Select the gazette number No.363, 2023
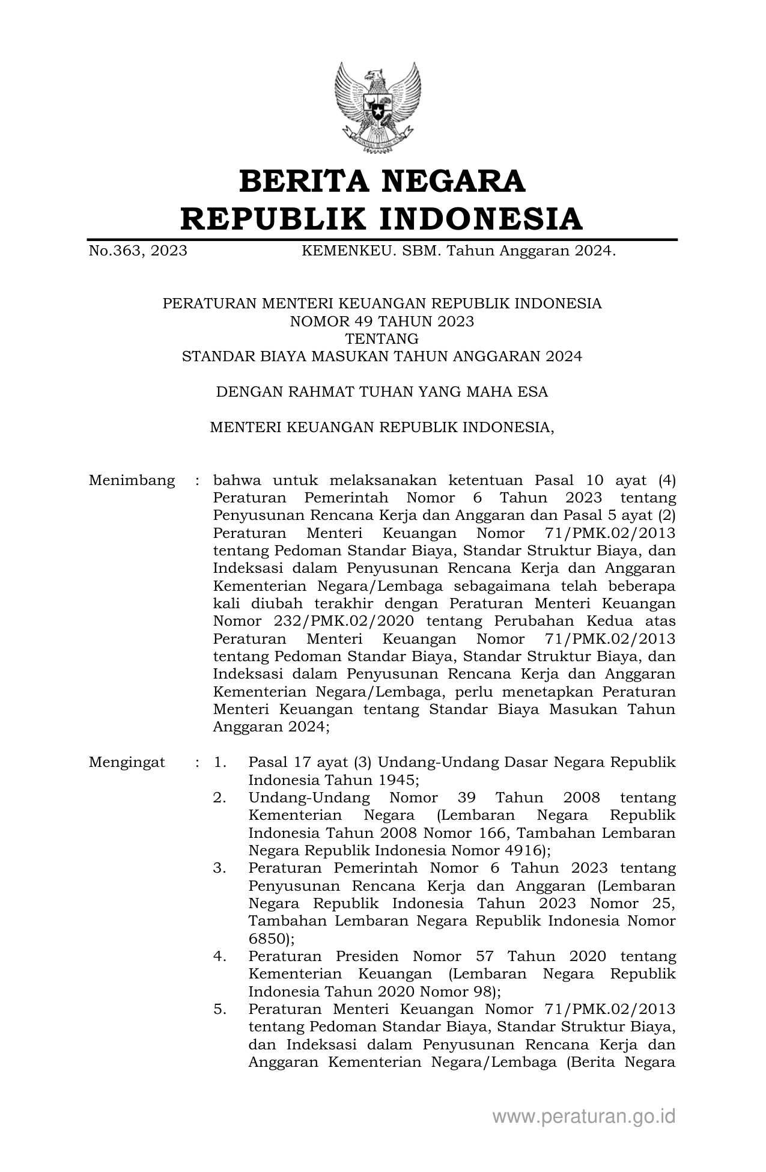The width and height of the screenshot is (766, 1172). click(138, 251)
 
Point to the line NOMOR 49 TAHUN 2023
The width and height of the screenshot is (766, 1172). click(382, 322)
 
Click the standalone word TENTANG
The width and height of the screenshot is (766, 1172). click(382, 339)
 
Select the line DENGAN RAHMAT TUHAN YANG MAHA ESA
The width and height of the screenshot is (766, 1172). click(382, 392)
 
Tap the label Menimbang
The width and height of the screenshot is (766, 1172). click(132, 481)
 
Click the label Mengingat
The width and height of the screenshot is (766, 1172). click(127, 763)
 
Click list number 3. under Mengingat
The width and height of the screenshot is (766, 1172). click(220, 868)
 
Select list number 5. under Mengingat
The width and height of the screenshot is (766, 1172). click(220, 1009)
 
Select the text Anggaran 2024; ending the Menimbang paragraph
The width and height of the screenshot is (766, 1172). click(272, 727)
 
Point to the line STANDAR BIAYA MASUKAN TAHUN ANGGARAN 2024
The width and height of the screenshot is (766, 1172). click(382, 356)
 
